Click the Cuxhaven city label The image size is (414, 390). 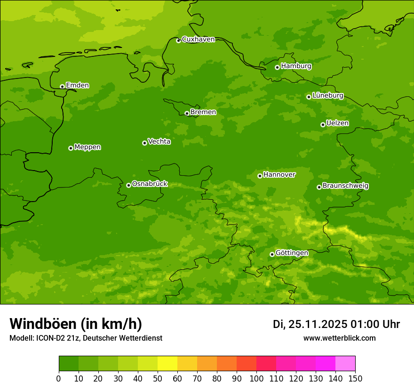pyautogui.click(x=198, y=39)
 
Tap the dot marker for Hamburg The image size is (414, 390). pyautogui.click(x=277, y=67)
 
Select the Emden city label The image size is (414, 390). pyautogui.click(x=77, y=86)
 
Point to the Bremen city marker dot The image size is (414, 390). pyautogui.click(x=187, y=113)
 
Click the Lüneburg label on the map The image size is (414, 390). pyautogui.click(x=327, y=95)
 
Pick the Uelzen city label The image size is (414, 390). pyautogui.click(x=337, y=123)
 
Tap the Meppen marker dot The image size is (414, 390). pyautogui.click(x=71, y=148)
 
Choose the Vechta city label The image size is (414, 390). pyautogui.click(x=159, y=141)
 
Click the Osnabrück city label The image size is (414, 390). pyautogui.click(x=150, y=184)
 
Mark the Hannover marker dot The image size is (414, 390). pyautogui.click(x=260, y=176)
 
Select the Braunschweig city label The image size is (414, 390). pyautogui.click(x=345, y=186)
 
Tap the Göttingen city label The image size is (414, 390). pyautogui.click(x=292, y=253)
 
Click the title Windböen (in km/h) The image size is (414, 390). pyautogui.click(x=76, y=324)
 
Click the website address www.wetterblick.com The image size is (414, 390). pyautogui.click(x=339, y=338)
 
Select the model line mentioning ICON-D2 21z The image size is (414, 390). pyautogui.click(x=86, y=338)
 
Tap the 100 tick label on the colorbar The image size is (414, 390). pyautogui.click(x=256, y=378)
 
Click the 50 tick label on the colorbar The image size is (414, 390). pyautogui.click(x=158, y=378)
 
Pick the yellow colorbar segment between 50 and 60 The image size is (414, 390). pyautogui.click(x=167, y=364)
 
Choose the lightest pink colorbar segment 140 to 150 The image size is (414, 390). pyautogui.click(x=345, y=364)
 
